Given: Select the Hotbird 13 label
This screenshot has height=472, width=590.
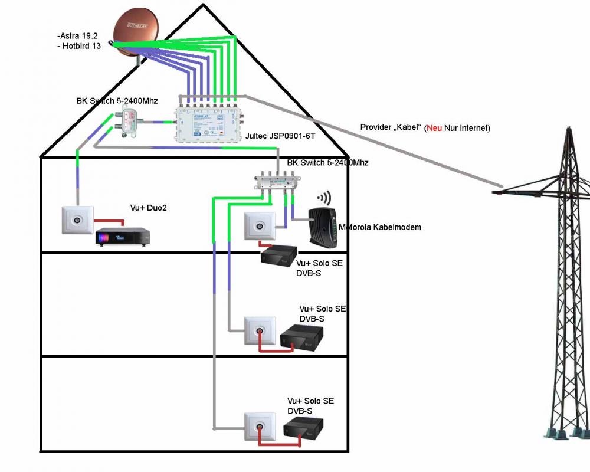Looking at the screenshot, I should tap(80, 47).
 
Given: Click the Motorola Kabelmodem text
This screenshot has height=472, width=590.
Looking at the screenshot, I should tap(380, 227).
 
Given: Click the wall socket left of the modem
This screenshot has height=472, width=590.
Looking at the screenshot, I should tap(259, 225).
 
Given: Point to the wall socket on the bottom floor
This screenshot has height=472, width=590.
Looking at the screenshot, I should tap(260, 426).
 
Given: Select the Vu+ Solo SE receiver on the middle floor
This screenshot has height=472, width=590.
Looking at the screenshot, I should tap(302, 338).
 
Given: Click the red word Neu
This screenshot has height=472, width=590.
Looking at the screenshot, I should tap(434, 128).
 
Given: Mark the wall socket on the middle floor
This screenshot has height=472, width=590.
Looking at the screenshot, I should tap(260, 330).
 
